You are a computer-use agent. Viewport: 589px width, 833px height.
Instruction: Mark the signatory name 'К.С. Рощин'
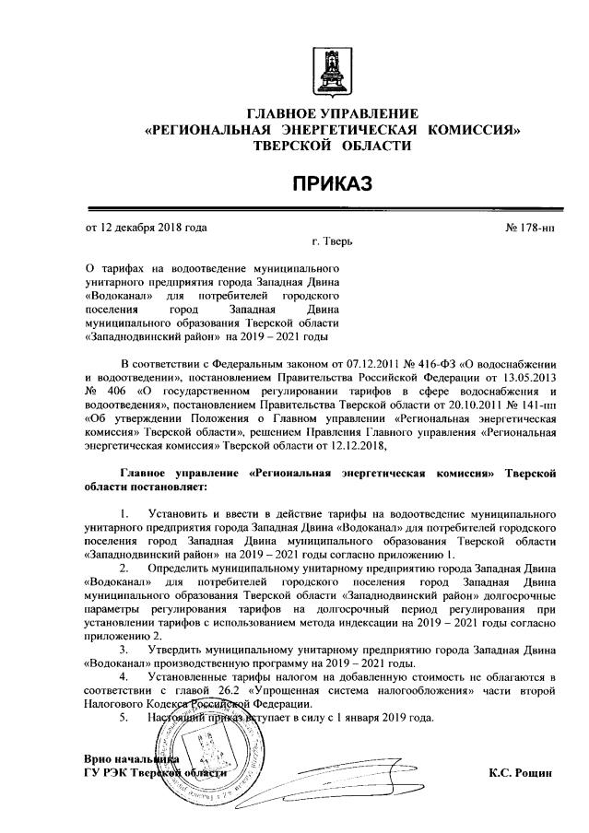(x=521, y=772)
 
